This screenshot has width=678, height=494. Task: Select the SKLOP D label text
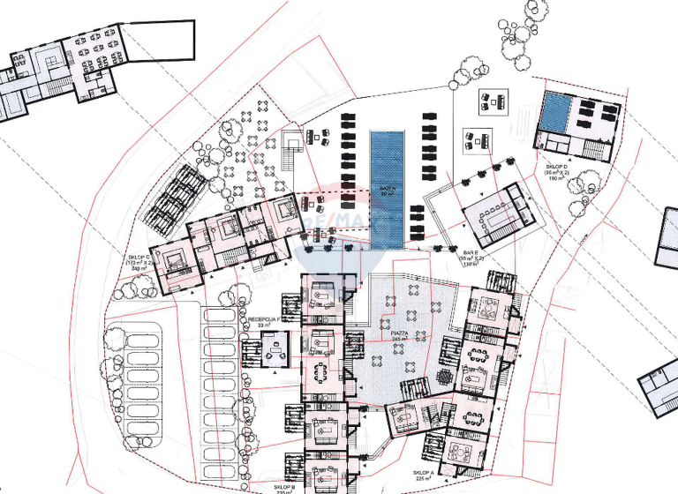pyautogui.click(x=556, y=168)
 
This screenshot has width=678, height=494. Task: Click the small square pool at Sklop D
pyautogui.click(x=555, y=112)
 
